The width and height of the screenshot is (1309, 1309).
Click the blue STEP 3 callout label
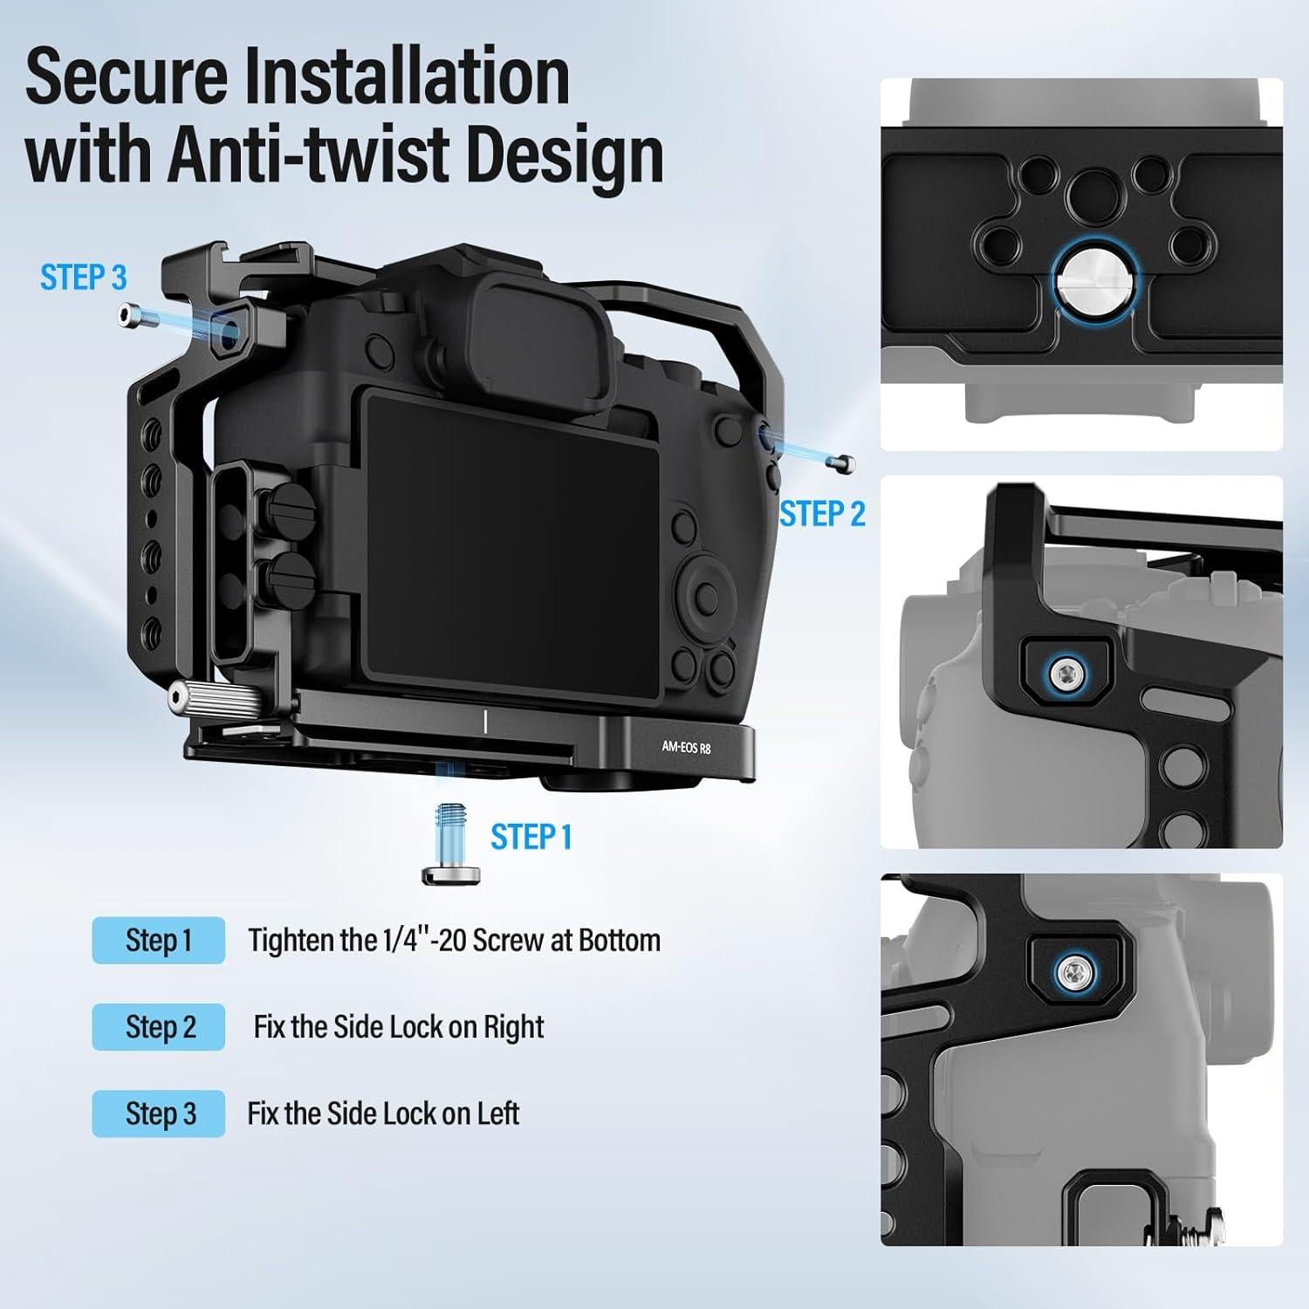83,278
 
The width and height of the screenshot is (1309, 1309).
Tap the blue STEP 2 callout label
822,514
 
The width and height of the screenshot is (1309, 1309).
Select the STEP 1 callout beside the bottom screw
531,837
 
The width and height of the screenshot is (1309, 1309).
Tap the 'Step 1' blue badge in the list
158,941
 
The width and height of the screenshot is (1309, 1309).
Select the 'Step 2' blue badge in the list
158,1027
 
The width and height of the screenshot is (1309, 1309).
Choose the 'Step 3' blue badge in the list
158,1114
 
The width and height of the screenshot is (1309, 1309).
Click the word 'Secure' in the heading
124,76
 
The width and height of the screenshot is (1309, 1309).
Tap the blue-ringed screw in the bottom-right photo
1074,971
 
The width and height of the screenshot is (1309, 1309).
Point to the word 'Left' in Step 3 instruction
497,1114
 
